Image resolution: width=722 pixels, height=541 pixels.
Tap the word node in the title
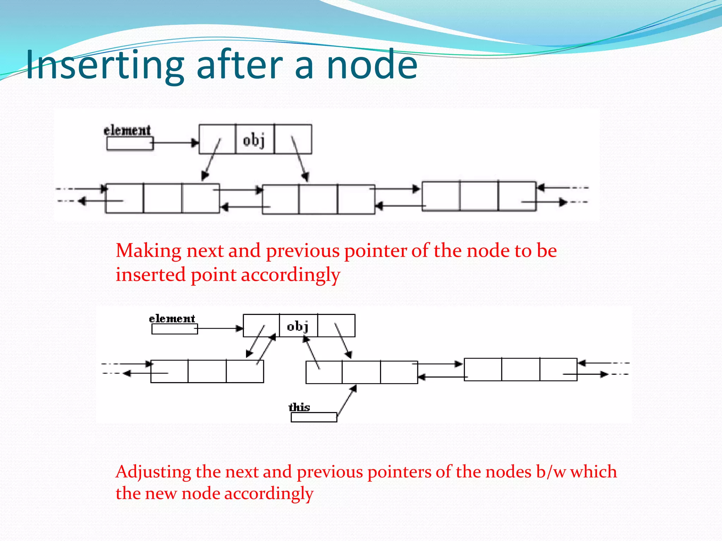click(x=372, y=65)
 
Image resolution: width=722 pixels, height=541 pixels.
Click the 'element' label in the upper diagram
click(x=127, y=130)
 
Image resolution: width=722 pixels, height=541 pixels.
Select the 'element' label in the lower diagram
click(x=172, y=319)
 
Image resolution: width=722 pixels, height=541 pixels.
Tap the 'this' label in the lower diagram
click(x=299, y=407)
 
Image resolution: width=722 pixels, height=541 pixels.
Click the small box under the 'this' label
click(x=314, y=417)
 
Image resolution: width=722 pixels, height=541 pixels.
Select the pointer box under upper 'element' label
click(x=130, y=143)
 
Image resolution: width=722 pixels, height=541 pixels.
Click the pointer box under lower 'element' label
click(x=175, y=329)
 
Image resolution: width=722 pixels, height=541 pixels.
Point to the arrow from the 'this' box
click(x=347, y=402)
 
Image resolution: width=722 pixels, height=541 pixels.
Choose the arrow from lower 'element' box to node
click(x=220, y=328)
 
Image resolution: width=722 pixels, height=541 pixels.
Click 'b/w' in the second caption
click(x=551, y=472)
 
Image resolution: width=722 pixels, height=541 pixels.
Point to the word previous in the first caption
click(x=303, y=251)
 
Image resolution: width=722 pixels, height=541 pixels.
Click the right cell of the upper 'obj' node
click(x=293, y=139)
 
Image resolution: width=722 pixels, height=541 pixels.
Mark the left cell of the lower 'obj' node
click(x=261, y=325)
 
